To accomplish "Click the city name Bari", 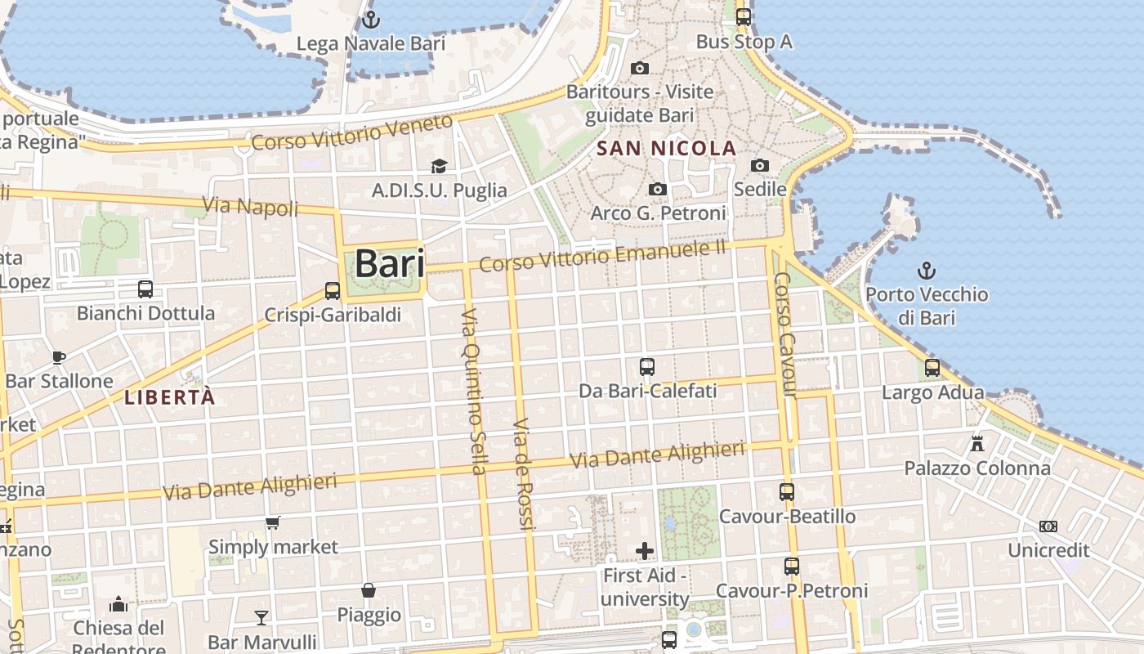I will tap(390, 264).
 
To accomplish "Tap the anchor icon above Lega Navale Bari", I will tap(372, 19).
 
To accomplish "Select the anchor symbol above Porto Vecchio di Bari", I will tap(927, 271).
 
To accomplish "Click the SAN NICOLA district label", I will tap(667, 149).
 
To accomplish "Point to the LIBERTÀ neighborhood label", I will tap(170, 398).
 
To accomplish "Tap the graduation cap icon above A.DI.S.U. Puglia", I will tap(440, 166).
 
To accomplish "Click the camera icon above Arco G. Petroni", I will tap(658, 190).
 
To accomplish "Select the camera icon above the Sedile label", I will tap(760, 166).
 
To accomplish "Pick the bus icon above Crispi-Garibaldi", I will tap(333, 290).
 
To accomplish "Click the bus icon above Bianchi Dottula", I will tap(145, 289).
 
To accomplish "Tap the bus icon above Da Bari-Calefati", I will tap(647, 367).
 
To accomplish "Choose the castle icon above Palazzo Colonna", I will tap(977, 444).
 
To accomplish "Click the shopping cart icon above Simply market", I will tap(273, 522).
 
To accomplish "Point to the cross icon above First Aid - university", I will tap(645, 551).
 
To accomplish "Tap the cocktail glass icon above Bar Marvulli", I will tap(261, 617).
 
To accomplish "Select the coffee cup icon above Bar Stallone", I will tap(59, 356).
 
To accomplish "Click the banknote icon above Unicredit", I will tap(1048, 526).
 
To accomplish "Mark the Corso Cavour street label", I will tap(784, 335).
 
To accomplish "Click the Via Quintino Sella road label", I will tap(475, 391).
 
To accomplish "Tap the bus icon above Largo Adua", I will tap(932, 368).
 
